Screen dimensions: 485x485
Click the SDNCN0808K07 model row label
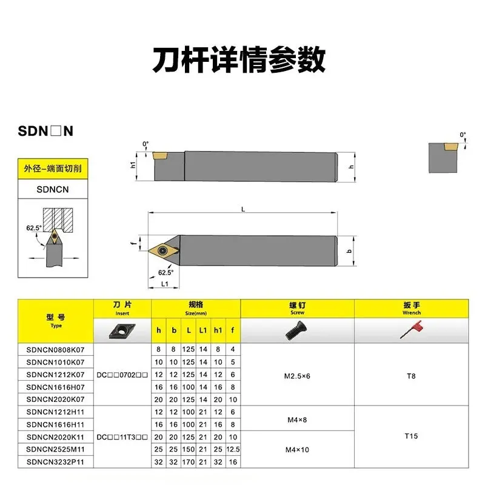tap(55, 350)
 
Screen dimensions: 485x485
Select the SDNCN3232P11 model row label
tap(55, 462)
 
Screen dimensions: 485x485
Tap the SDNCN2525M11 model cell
tap(55, 449)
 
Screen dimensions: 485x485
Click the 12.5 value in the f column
tap(233, 449)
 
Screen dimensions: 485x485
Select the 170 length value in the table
tap(189, 462)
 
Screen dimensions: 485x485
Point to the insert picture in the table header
tap(122, 330)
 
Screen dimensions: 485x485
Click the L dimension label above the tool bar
tap(242, 209)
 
